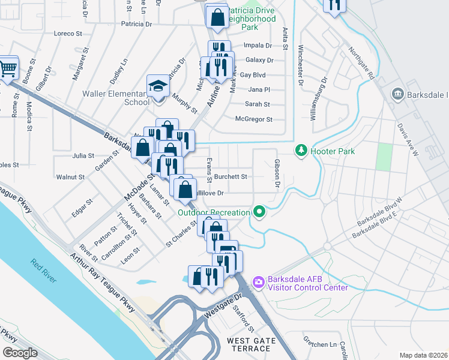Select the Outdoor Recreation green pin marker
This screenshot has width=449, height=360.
coord(259,212)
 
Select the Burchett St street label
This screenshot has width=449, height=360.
coord(232,177)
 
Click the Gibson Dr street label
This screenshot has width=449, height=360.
coord(277,172)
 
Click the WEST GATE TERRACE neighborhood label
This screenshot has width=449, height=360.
coord(252,345)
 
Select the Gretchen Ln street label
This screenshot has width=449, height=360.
coord(321,344)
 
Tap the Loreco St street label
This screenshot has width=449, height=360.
coord(67,34)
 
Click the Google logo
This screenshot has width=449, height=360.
coord(20,353)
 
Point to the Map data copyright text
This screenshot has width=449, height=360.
coord(423,355)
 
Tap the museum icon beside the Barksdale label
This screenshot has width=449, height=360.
coord(397,94)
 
